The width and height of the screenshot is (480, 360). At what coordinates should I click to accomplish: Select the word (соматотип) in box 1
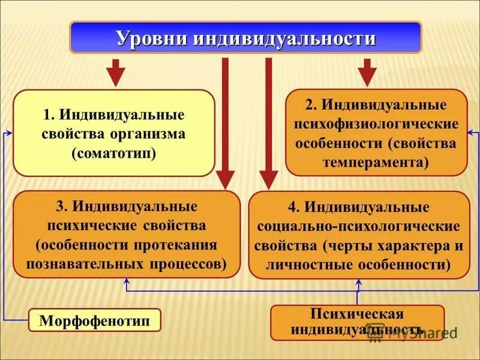(x=113, y=152)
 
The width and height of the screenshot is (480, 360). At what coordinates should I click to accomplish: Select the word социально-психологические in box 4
(x=358, y=227)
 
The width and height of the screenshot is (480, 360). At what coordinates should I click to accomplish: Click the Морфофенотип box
(x=95, y=320)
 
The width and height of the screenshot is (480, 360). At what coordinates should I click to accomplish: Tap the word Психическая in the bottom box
(x=358, y=314)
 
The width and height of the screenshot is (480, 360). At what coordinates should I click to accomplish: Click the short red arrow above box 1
(x=116, y=73)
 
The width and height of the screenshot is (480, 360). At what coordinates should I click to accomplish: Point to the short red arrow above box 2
(x=367, y=73)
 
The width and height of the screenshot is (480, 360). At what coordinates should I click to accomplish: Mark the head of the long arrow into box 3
(x=226, y=180)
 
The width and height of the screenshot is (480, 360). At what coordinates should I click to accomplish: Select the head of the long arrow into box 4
(x=268, y=180)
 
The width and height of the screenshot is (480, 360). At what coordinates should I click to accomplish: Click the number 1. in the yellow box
(x=49, y=115)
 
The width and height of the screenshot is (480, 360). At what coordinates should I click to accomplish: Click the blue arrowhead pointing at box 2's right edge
(x=472, y=132)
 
